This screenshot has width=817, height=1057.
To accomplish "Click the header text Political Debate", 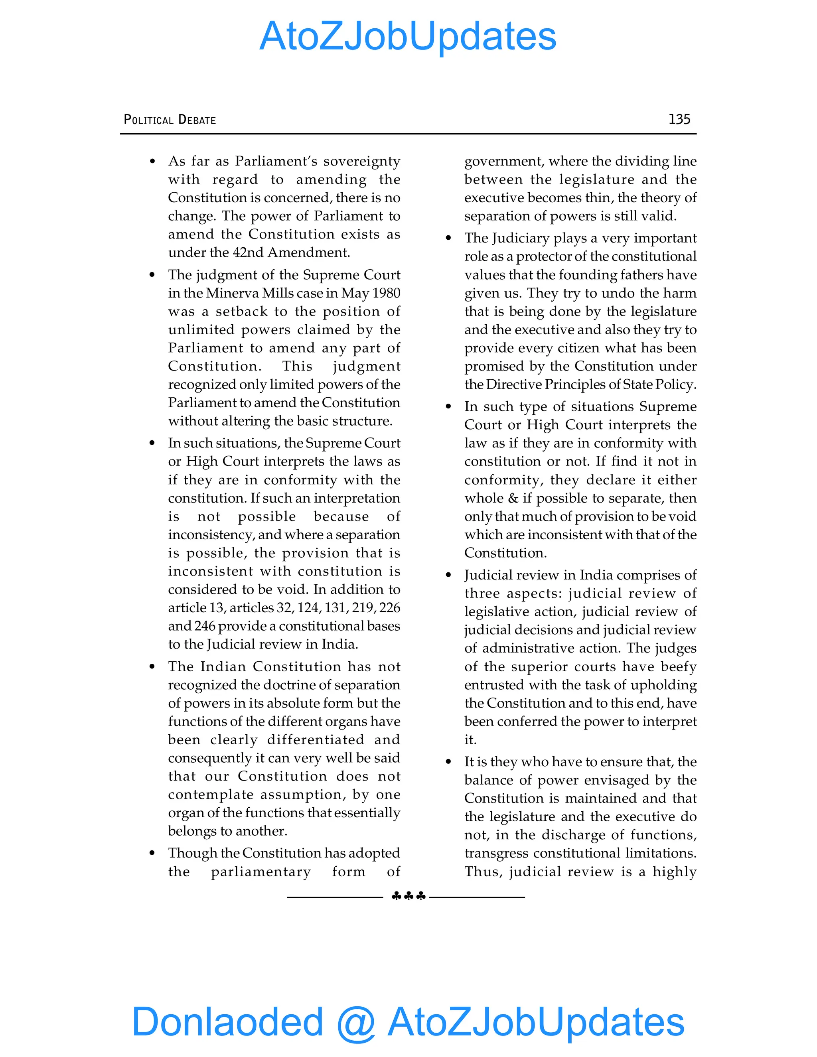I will [x=170, y=120].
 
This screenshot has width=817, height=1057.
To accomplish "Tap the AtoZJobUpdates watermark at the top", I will [x=408, y=36].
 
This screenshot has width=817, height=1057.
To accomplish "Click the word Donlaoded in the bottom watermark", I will [x=227, y=1021].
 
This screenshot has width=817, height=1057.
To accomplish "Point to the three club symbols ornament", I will [x=408, y=896].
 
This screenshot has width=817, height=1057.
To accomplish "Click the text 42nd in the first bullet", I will [x=248, y=252].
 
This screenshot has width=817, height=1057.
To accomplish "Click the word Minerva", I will [x=232, y=293].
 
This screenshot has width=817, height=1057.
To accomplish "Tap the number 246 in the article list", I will [x=204, y=626].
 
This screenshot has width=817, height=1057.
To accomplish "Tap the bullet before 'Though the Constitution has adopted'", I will [x=152, y=853].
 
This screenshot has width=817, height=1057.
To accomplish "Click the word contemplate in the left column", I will [x=211, y=795].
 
